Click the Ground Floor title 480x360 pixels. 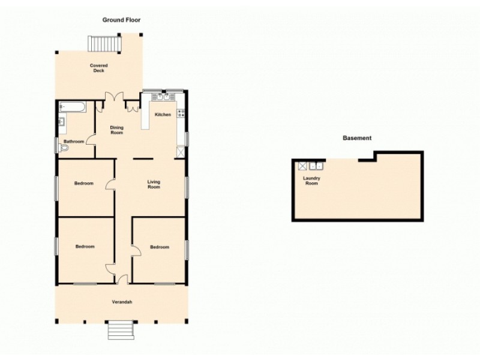121,20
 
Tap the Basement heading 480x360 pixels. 357,138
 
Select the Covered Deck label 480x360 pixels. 98,68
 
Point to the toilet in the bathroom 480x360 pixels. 65,146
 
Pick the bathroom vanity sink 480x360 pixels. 61,123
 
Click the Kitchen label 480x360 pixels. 163,115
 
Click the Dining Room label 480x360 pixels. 117,130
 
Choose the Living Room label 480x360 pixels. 154,184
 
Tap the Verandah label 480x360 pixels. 121,302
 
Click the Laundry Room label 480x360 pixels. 312,181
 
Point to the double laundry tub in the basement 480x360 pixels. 316,166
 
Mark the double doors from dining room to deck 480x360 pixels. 114,97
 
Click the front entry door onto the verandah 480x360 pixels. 122,280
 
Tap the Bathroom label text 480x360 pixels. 74,142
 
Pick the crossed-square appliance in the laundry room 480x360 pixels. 302,166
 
